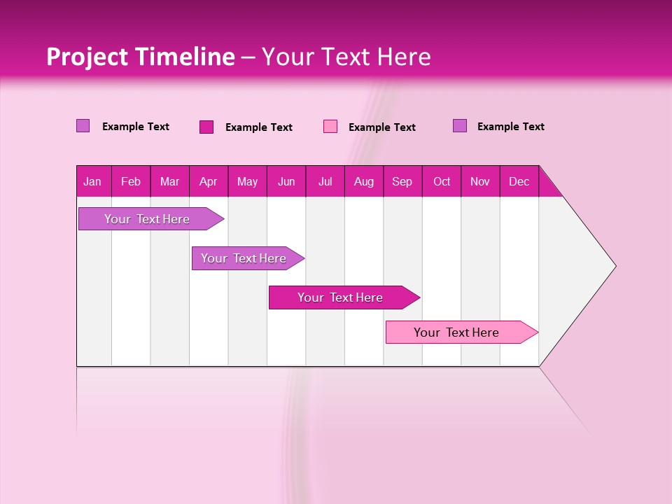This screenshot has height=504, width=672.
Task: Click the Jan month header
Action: coord(93,181)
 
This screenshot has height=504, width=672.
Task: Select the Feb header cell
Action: coord(131,181)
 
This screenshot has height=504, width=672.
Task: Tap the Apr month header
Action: coord(209,181)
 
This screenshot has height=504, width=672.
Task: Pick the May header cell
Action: coord(247,181)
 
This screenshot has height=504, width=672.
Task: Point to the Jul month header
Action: coord(325,181)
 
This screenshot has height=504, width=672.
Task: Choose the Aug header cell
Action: coord(364,181)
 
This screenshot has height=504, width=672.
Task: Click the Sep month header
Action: coord(402,181)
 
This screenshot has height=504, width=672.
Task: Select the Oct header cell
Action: coord(442,181)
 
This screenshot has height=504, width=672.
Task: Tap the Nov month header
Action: coord(480,181)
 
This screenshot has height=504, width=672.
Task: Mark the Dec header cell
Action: coord(519,181)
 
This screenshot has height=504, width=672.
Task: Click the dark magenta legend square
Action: coord(206,127)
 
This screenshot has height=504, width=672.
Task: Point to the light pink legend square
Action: coord(330,127)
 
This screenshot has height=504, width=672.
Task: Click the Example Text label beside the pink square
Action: coord(382,127)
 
